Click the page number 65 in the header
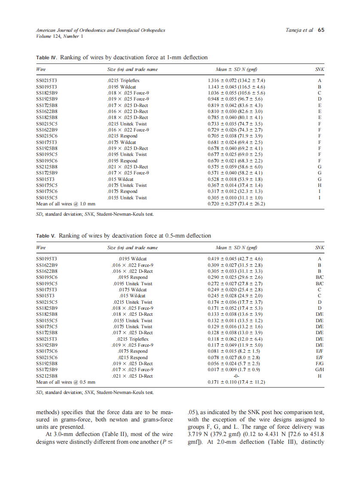pyautogui.click(x=321, y=31)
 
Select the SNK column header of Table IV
pyautogui.click(x=320, y=69)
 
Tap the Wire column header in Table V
pyautogui.click(x=41, y=247)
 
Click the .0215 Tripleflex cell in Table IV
pyautogui.click(x=123, y=80)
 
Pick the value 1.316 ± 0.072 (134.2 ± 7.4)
pyautogui.click(x=236, y=80)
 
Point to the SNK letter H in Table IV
pyautogui.click(x=320, y=185)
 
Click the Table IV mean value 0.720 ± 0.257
pyautogui.click(x=236, y=204)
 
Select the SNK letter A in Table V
pyautogui.click(x=320, y=259)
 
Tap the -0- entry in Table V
pyautogui.click(x=236, y=376)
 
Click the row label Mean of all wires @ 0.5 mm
pyautogui.click(x=66, y=382)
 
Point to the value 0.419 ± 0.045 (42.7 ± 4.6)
pyautogui.click(x=235, y=259)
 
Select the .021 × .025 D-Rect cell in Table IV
pyautogui.click(x=128, y=167)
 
